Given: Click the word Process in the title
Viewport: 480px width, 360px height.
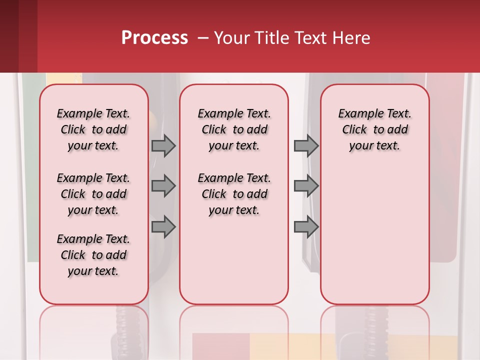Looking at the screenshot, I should coord(154,38).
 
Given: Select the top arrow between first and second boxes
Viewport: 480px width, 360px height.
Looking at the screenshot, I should coord(163,145).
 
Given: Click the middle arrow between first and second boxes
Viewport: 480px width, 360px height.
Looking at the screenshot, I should coord(163,186).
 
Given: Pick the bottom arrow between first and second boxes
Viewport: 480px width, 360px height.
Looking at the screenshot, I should coord(163,227).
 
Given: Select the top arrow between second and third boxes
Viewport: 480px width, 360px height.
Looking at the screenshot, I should coord(306,145).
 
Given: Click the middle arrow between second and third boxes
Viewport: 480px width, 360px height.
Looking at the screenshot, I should coord(306,186).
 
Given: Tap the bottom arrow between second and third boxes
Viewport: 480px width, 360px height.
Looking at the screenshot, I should coord(306,227).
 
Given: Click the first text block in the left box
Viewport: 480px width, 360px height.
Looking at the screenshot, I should coord(93,129).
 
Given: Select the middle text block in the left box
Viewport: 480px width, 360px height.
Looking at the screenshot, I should coord(93,194).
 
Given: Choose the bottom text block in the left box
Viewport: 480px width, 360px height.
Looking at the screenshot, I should coord(93,255).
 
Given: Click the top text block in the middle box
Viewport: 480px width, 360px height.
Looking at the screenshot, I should coord(234,129).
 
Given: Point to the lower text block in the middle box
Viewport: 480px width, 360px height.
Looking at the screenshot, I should coord(234,194).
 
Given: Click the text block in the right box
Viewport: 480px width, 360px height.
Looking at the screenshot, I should coord(374,129).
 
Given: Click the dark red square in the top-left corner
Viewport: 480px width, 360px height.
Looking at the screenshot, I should coord(18,36).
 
